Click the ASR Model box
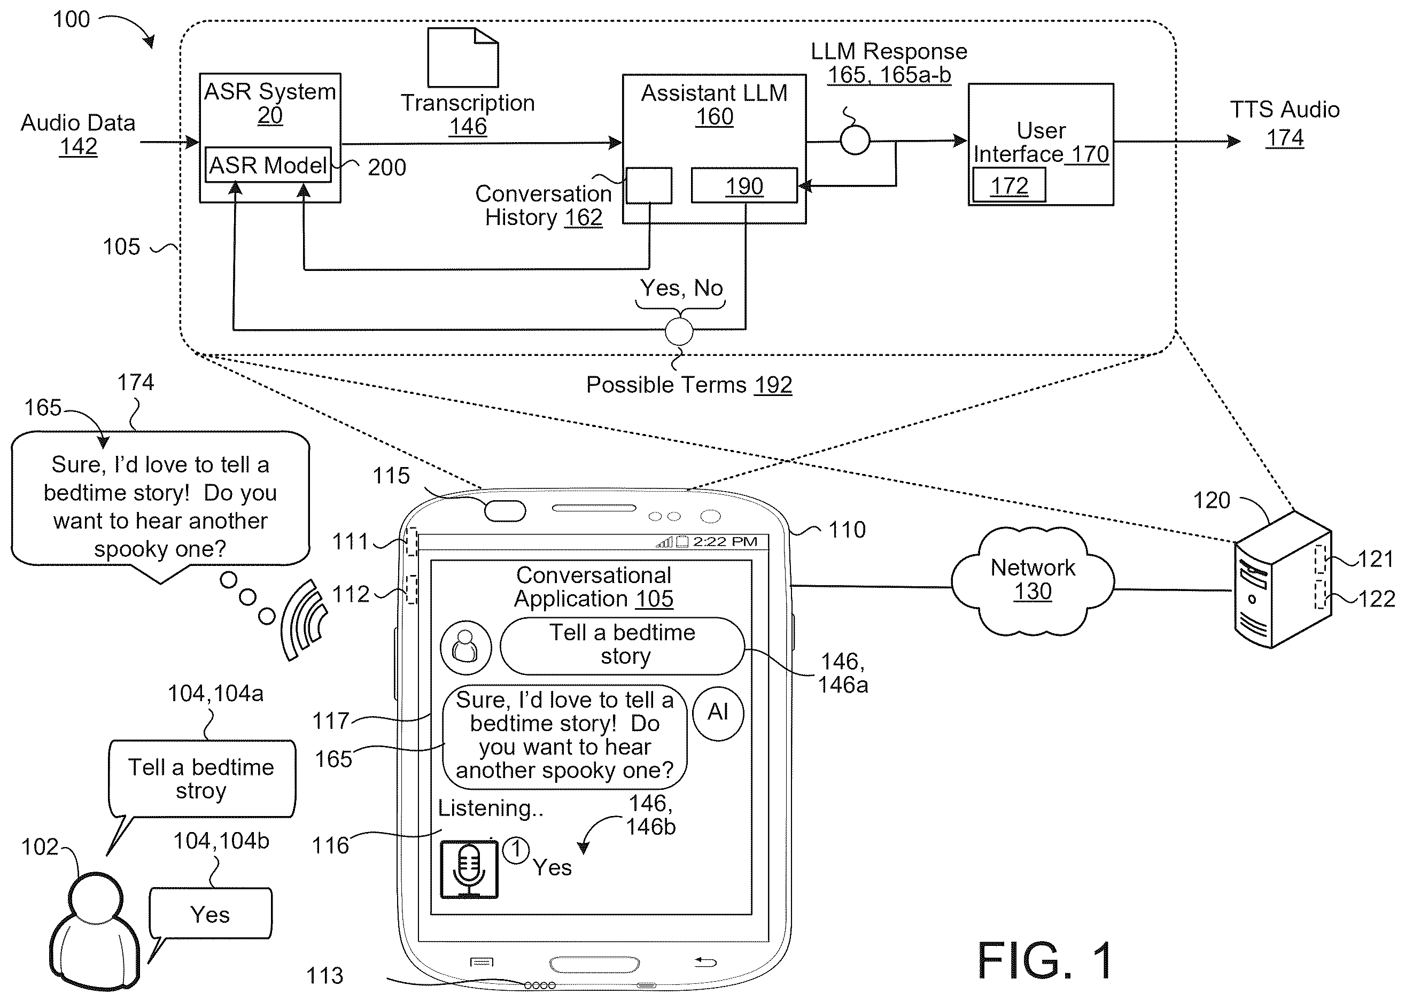click(x=268, y=164)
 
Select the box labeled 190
click(x=744, y=185)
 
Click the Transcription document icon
click(x=463, y=57)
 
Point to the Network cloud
click(x=1033, y=580)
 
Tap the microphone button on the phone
click(x=469, y=869)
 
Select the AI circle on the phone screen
click(x=718, y=713)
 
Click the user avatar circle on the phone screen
click(x=466, y=647)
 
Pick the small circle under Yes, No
click(x=679, y=331)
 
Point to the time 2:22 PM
click(x=725, y=542)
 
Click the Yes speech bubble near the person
click(x=210, y=914)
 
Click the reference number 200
click(x=387, y=167)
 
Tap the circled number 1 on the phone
click(x=516, y=850)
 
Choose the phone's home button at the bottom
click(x=594, y=964)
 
